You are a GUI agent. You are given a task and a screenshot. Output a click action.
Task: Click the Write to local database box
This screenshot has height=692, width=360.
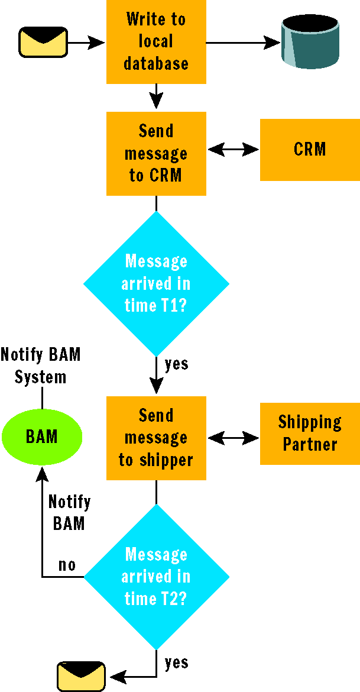point(156,42)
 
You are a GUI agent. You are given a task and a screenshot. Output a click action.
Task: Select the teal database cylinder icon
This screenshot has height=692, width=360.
point(310,42)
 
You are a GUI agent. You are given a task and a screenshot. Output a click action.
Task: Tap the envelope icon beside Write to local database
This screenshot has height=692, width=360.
point(43,43)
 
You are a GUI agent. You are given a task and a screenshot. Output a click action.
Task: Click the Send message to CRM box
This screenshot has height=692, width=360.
point(156,153)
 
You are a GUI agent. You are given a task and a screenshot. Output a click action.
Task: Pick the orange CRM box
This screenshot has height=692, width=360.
point(310,150)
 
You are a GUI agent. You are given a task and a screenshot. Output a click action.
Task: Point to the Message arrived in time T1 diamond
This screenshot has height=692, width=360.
point(156,283)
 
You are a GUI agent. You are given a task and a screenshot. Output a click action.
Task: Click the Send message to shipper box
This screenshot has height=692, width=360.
point(156,438)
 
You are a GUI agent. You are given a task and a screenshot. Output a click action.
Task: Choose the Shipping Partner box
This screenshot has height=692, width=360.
point(310,434)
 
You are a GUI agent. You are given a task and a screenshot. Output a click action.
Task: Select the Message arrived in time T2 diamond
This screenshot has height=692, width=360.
point(156,577)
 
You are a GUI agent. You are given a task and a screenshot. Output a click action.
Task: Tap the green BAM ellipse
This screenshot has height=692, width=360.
point(42,436)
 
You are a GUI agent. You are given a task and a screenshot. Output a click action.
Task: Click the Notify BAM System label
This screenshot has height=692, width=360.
point(41,366)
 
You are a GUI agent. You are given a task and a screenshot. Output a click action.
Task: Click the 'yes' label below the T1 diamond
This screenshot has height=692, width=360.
point(177,364)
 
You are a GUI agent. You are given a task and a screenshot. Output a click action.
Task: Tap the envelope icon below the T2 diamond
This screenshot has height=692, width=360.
point(82,676)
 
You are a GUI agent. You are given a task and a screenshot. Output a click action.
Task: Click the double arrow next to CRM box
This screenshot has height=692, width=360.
point(233,150)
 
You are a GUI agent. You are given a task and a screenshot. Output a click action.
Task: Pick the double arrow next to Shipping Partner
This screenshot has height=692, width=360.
point(233,438)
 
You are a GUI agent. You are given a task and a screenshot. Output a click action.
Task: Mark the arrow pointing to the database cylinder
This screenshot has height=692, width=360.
point(244,43)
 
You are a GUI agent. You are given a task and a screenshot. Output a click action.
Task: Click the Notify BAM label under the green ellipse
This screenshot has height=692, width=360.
point(69,512)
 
